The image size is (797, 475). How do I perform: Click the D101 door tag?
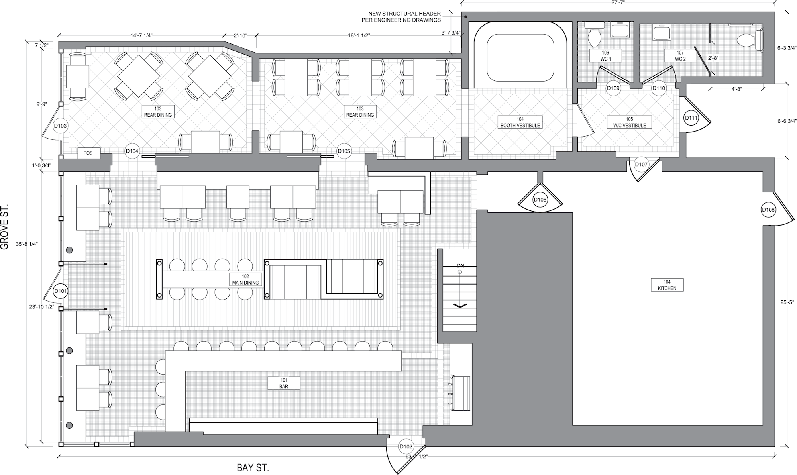60,291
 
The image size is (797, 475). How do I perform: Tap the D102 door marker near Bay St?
406,447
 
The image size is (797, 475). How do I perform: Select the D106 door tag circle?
540,200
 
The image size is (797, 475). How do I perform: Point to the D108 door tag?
768,210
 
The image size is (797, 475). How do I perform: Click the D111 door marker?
691,118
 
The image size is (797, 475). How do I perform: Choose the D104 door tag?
132,151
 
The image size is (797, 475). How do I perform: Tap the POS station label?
88,153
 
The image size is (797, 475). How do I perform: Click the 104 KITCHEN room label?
667,285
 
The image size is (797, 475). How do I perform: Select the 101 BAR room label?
284,383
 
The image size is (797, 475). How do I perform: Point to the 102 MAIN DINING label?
245,279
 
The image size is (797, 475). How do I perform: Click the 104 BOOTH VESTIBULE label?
520,122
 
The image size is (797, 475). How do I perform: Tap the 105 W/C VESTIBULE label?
629,122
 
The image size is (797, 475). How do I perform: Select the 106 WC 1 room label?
605,56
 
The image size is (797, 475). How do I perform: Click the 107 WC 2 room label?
680,56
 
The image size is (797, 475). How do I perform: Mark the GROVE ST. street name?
5,228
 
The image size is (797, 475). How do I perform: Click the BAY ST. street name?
253,468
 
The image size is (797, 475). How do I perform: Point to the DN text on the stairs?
461,265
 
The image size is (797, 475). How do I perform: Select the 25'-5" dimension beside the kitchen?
787,302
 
